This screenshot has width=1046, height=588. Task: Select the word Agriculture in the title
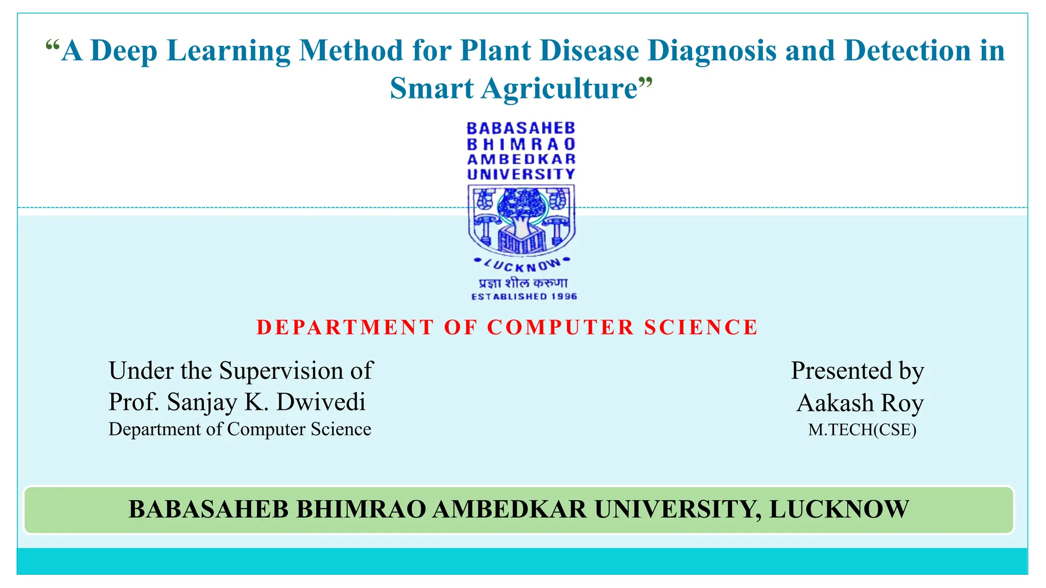click(x=559, y=89)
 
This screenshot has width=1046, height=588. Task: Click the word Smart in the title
click(x=432, y=89)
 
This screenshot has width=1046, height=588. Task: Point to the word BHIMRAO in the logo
click(x=521, y=144)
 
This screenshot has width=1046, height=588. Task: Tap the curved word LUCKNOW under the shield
click(x=521, y=265)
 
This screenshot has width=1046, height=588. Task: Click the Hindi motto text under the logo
click(x=522, y=283)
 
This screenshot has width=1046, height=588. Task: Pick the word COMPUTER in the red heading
click(x=560, y=328)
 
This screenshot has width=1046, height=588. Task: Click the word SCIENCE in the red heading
click(x=701, y=328)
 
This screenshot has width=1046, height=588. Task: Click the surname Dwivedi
click(x=321, y=402)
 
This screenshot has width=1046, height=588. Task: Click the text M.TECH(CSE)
click(x=862, y=430)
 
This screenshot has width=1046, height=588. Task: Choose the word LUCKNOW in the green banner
click(x=839, y=509)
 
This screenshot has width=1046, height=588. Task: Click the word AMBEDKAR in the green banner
click(x=509, y=509)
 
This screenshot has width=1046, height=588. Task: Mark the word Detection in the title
click(x=907, y=51)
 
